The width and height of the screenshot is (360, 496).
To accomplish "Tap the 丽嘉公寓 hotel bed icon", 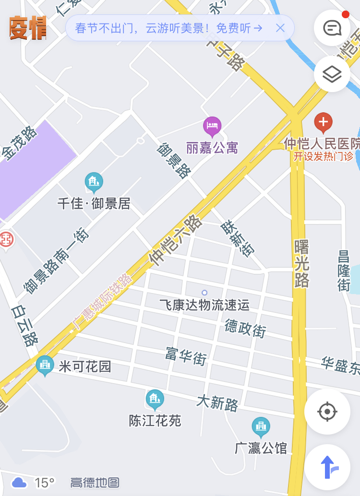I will pos(212,126).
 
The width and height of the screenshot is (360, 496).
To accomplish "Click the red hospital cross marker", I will pos(323,122).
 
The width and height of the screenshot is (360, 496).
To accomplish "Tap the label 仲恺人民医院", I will pos(322,143).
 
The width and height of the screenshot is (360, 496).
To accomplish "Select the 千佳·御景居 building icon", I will pos(94,182).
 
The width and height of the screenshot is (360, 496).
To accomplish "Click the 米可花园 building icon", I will pos(45,366).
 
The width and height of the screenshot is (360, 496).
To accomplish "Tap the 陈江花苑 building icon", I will pos(155,399).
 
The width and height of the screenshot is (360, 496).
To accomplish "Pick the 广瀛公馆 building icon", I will pos(261,426).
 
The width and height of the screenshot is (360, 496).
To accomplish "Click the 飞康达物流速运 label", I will pos(204,305).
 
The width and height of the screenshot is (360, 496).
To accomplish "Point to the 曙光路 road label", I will pos(301,263).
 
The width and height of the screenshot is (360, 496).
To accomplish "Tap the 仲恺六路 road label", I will pos(175,240).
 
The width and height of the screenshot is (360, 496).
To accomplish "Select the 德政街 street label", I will pos(245,328).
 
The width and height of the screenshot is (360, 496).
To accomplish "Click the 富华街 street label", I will pos(186,355).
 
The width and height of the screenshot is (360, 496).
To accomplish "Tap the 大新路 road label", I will pos(217,402).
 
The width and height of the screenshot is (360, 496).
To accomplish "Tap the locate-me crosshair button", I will pos(327,412).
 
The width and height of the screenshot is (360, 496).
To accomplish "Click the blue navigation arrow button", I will pos(327,467).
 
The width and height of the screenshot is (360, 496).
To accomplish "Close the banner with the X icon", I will pos(280,28).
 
